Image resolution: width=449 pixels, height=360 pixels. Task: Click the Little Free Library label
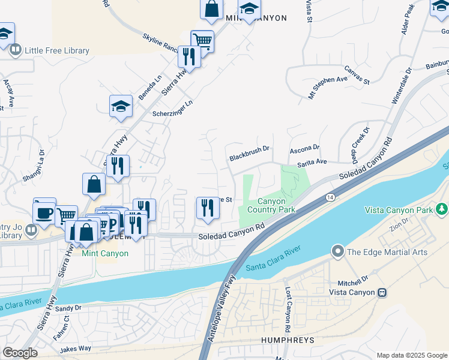pyautogui.click(x=56, y=50)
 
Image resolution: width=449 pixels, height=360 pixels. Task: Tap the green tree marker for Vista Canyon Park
pyautogui.click(x=442, y=209)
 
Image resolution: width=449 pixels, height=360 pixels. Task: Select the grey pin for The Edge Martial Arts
pyautogui.click(x=338, y=252)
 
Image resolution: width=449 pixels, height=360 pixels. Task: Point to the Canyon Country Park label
pyautogui.click(x=276, y=205)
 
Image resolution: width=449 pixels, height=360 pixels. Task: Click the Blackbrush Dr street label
pyautogui.click(x=250, y=157)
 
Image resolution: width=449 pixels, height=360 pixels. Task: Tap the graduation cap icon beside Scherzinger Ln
pyautogui.click(x=121, y=107)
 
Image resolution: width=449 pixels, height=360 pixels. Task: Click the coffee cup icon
pyautogui.click(x=44, y=214)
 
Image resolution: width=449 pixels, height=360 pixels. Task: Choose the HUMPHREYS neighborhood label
pyautogui.click(x=288, y=340)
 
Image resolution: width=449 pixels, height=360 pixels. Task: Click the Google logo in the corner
pyautogui.click(x=20, y=353)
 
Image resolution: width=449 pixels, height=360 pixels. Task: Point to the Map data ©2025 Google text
pyautogui.click(x=411, y=355)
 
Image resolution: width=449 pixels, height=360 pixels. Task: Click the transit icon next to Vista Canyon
pyautogui.click(x=381, y=292)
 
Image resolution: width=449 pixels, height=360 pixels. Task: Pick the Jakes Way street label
pyautogui.click(x=76, y=348)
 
